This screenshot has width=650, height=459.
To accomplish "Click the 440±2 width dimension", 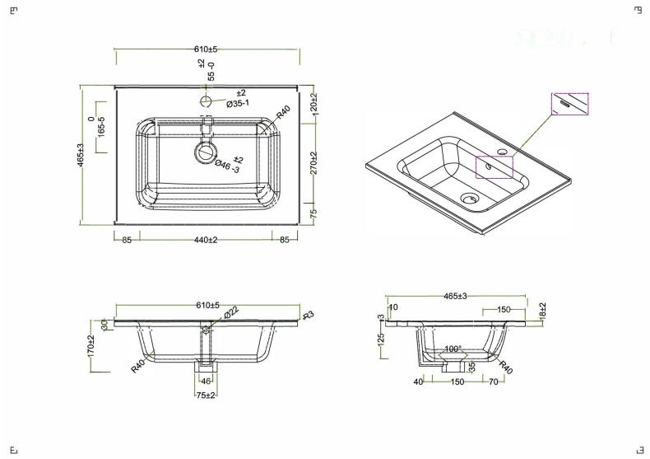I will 206,240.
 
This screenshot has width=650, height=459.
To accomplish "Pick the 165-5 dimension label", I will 101,129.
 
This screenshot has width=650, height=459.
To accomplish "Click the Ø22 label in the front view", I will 231,311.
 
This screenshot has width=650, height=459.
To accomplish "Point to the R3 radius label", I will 309,316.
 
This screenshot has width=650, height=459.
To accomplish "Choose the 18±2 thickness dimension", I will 543,311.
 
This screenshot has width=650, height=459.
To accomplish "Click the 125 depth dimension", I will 381,340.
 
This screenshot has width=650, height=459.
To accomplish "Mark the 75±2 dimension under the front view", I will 206,396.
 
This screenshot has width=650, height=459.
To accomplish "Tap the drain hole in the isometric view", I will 469,198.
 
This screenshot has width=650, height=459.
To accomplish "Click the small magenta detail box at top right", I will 569,104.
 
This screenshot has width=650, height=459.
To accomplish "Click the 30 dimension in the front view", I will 104,324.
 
